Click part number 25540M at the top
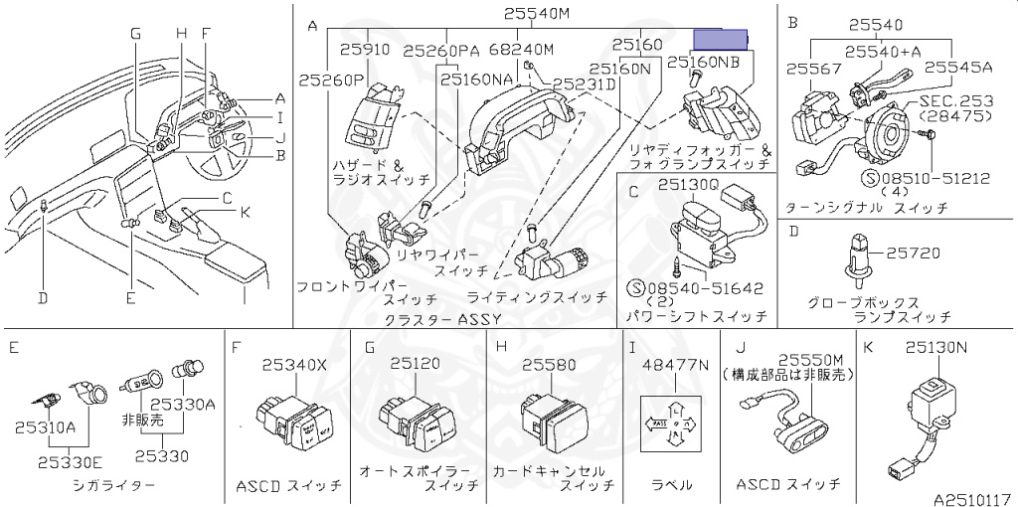click(536, 14)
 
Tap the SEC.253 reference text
click(954, 101)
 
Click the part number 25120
click(415, 365)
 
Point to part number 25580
click(549, 365)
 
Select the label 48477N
click(676, 365)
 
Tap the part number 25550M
click(810, 360)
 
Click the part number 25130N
click(935, 348)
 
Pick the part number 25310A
click(45, 426)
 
